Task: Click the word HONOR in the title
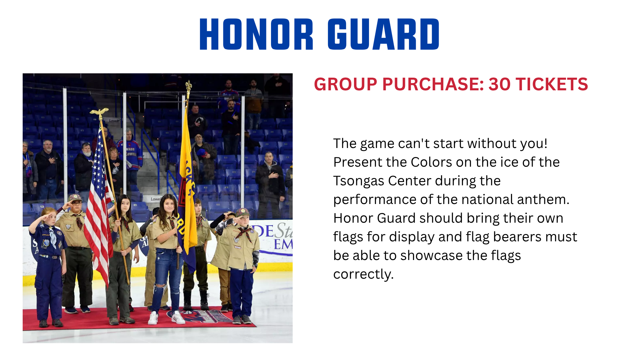256,34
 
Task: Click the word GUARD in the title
384,34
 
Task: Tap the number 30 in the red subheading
499,84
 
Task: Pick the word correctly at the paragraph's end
363,275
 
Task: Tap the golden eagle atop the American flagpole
99,113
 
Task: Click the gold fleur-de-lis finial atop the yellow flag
189,88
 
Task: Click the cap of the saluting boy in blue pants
243,212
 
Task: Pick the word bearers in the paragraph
517,237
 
